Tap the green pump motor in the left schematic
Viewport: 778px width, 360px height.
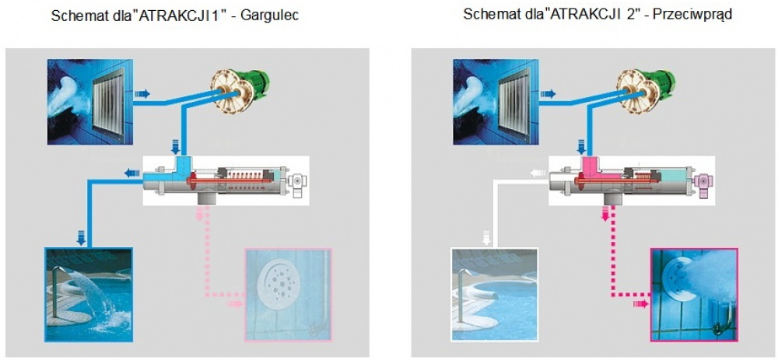click(254, 83)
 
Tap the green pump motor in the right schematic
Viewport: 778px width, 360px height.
click(661, 83)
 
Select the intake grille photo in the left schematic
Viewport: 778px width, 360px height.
click(89, 102)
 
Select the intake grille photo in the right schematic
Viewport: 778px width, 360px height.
click(496, 102)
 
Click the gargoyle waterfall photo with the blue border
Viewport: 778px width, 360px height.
click(89, 295)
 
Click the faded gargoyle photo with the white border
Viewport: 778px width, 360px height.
click(494, 295)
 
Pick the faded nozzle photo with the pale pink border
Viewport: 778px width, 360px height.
click(289, 295)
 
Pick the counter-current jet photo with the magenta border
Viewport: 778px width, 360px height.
click(694, 295)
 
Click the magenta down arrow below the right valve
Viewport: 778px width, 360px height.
click(605, 215)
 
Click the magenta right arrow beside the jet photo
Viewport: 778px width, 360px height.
click(641, 303)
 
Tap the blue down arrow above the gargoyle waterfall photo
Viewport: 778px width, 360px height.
click(82, 239)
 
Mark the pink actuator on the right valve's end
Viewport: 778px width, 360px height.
click(703, 186)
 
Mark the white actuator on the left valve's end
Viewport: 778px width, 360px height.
click(298, 186)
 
